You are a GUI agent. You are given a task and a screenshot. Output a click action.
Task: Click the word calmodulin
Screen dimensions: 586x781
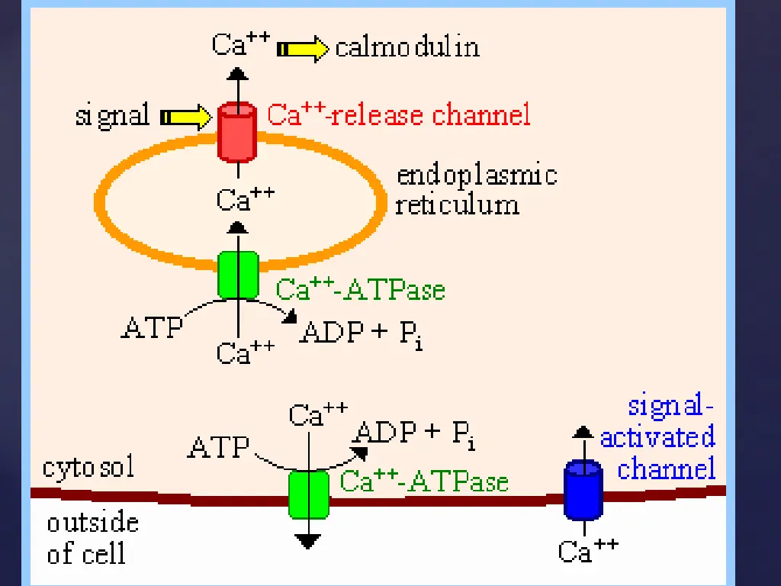(407, 47)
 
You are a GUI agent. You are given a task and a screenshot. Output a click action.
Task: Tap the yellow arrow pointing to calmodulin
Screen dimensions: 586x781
(303, 50)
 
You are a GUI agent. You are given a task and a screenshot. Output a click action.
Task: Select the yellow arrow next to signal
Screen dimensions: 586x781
(185, 118)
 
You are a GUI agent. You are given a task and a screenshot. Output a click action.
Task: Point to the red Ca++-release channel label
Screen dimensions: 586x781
(398, 115)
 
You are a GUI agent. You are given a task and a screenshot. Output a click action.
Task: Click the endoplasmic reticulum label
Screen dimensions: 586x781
(475, 190)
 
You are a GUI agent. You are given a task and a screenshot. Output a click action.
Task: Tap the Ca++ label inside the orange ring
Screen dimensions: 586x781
(245, 200)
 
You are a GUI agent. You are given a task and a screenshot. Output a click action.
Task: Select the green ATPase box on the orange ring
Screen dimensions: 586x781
(239, 275)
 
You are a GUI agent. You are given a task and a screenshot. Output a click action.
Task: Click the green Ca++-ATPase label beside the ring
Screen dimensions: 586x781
(360, 289)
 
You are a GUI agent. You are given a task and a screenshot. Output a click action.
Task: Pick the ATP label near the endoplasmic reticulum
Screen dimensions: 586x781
(153, 327)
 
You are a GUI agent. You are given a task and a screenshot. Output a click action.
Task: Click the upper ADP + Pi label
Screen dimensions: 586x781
(362, 333)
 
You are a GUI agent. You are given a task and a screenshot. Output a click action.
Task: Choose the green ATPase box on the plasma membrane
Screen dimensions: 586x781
(309, 494)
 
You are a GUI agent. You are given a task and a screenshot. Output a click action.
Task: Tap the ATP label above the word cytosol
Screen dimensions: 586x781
(219, 446)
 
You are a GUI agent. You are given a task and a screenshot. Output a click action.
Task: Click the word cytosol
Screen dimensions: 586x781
(88, 467)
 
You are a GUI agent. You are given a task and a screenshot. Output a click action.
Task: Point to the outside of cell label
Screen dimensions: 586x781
(92, 538)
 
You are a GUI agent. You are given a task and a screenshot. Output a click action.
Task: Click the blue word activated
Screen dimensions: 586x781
(657, 437)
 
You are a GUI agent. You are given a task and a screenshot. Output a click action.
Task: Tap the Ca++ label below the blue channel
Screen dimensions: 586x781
(587, 550)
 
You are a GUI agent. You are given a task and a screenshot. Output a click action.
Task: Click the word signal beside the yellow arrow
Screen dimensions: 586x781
(112, 116)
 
